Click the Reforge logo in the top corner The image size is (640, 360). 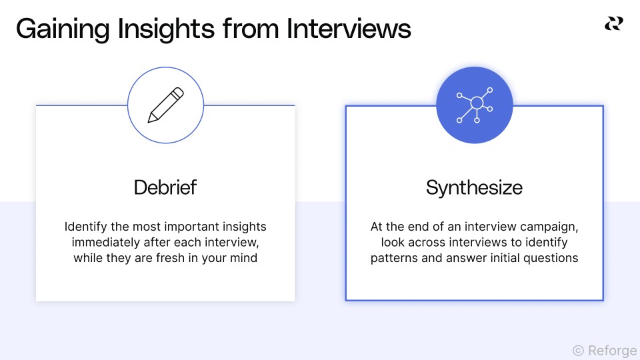[x=613, y=24]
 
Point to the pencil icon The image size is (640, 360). [x=165, y=105]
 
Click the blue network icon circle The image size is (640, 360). [x=474, y=105]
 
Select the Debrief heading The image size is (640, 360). [x=165, y=187]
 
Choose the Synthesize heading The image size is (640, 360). [x=474, y=187]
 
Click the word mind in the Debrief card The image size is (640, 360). [x=244, y=258]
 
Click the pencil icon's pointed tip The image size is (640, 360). [x=150, y=121]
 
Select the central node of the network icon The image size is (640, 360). [x=476, y=103]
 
